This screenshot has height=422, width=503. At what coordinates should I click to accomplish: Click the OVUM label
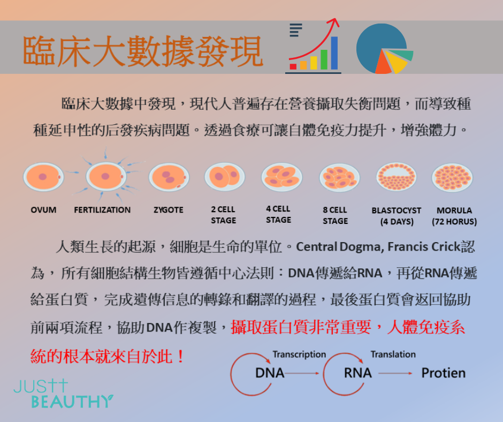click(x=43, y=210)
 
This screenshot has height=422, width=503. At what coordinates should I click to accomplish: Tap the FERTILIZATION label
click(x=102, y=210)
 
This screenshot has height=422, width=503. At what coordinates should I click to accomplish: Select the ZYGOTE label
click(x=169, y=210)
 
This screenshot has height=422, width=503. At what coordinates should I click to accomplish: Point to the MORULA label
click(x=454, y=210)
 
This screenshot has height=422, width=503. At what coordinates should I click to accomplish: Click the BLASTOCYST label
click(x=397, y=210)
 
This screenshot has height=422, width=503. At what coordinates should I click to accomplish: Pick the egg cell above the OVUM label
click(x=43, y=177)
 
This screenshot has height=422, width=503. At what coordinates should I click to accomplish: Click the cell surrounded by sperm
click(x=106, y=176)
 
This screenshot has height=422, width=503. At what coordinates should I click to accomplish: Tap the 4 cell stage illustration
click(x=281, y=177)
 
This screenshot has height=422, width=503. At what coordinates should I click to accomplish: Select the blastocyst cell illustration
click(x=397, y=177)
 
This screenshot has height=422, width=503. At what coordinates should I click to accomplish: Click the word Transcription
click(x=299, y=354)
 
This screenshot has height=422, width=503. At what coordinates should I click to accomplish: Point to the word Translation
click(x=393, y=354)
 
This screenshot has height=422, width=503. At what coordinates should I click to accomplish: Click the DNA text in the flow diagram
click(x=270, y=373)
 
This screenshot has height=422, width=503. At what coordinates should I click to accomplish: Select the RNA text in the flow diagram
click(x=357, y=373)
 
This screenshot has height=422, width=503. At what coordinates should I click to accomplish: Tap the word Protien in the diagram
click(x=443, y=373)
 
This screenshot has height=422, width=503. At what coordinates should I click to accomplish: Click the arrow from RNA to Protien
click(x=395, y=373)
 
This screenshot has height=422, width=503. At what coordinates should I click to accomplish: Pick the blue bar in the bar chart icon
click(x=334, y=53)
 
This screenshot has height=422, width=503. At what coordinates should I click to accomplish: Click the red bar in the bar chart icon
click(x=293, y=66)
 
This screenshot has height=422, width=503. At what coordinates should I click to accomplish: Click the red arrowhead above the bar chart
click(x=334, y=22)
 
